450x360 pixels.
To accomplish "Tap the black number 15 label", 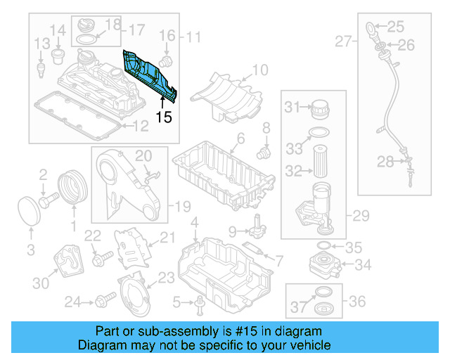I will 163,117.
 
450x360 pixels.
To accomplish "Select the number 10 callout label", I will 260,70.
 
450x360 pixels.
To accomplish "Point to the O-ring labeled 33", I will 318,134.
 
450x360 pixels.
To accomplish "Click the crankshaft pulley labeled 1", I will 71,188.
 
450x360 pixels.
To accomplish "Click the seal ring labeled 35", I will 326,246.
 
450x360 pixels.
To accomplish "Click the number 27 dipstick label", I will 342,42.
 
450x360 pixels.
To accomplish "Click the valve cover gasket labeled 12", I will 77,117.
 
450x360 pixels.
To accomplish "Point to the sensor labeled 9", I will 258,226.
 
